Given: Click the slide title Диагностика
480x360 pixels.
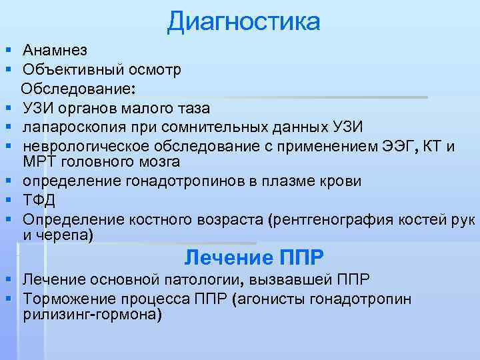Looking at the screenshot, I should coord(244,21).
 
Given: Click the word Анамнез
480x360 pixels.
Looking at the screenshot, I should coord(54,51).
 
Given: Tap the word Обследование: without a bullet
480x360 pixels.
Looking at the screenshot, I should coord(77,89).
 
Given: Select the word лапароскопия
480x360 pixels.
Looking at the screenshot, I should coord(72,127).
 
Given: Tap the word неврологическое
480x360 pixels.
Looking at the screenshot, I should coord(83,146).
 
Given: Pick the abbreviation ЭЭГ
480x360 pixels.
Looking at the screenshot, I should coord(397,146).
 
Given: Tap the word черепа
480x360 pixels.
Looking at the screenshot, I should coord(66,235).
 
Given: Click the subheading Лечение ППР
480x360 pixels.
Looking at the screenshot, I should coord(254,257).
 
